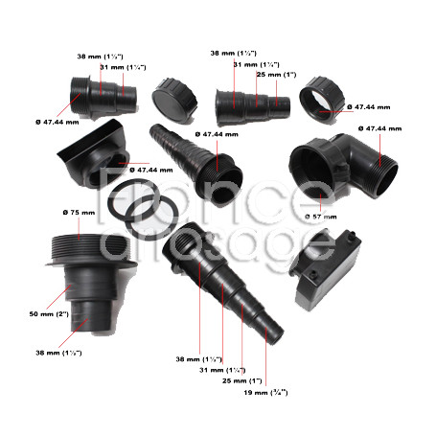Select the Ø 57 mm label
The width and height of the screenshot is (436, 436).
(321, 218)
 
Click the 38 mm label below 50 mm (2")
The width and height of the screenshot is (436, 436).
(58, 353)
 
